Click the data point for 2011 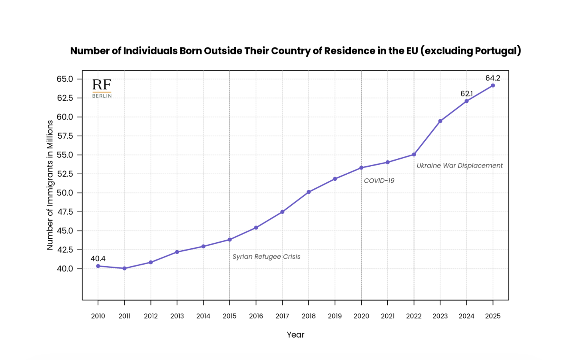click(x=125, y=268)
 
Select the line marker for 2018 click(x=309, y=192)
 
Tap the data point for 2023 click(x=440, y=121)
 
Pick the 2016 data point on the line click(x=256, y=228)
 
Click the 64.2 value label click(x=493, y=78)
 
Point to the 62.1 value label click(x=467, y=94)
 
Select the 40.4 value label click(x=98, y=259)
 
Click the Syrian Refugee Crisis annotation click(x=267, y=257)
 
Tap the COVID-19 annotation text click(x=379, y=181)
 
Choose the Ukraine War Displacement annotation click(x=459, y=166)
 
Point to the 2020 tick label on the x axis click(x=361, y=316)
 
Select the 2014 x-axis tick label click(x=203, y=316)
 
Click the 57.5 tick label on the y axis click(x=65, y=136)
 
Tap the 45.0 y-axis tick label click(x=65, y=231)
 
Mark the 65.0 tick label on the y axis click(x=65, y=79)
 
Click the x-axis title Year click(x=295, y=335)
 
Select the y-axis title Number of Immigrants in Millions click(x=50, y=185)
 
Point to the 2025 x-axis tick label click(x=493, y=316)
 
